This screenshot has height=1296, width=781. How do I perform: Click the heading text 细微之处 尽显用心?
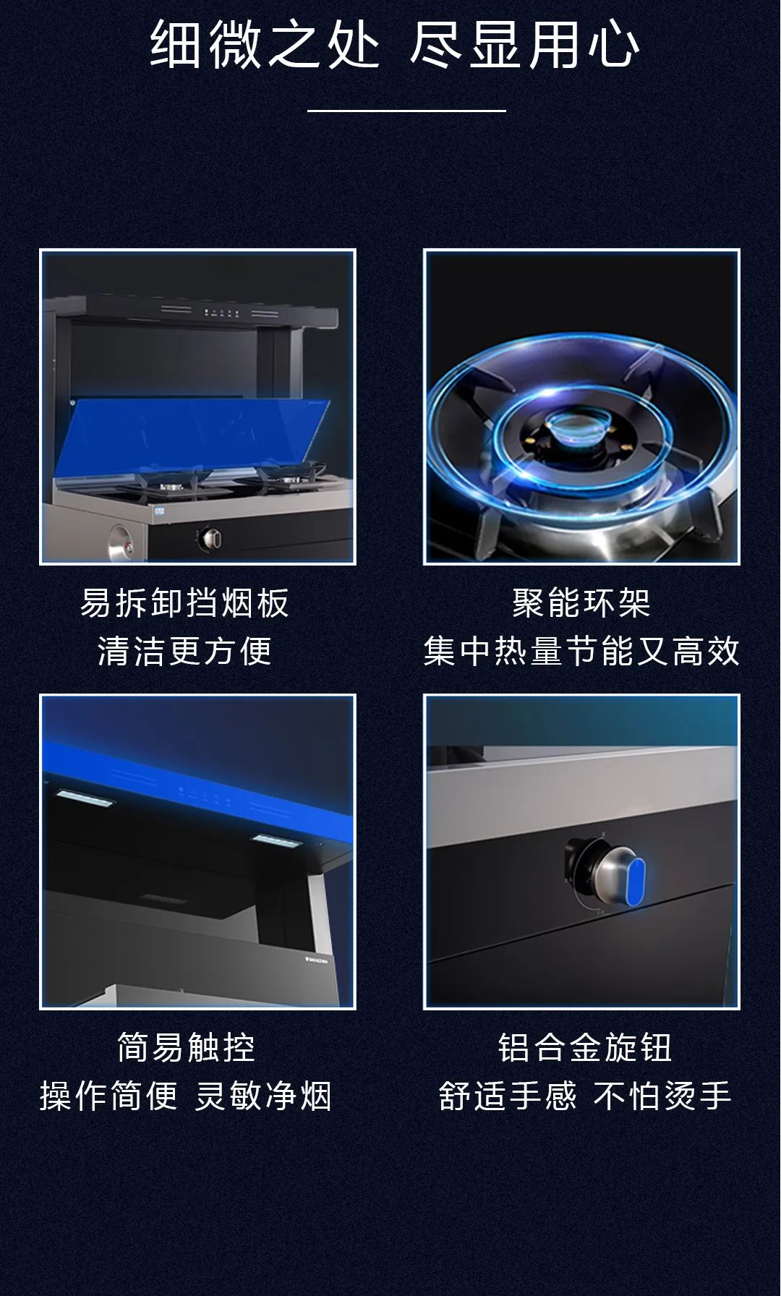[x=395, y=45]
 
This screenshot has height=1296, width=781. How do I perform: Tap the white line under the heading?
[x=406, y=111]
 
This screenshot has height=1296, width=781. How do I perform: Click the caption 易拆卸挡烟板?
[x=184, y=602]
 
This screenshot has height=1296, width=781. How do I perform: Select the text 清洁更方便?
[x=184, y=651]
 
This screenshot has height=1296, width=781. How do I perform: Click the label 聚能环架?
[x=581, y=602]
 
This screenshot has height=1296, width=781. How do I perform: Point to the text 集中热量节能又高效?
[x=581, y=651]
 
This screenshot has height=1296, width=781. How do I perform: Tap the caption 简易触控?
[x=187, y=1047]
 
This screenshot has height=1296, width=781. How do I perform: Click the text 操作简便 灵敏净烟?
[x=186, y=1096]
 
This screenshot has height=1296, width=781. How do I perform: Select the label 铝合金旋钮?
[x=585, y=1047]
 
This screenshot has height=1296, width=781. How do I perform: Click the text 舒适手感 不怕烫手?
[x=585, y=1096]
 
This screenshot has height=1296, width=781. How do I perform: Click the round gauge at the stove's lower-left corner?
[x=120, y=542]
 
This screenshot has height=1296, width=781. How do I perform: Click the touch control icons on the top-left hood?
[x=222, y=313]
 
